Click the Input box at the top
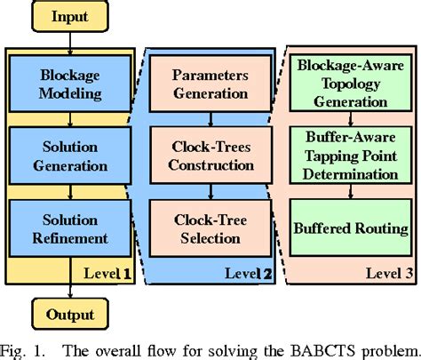(68, 17)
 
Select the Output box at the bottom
(69, 314)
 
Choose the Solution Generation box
(69, 156)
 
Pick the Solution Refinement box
(69, 228)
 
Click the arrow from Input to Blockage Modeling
(69, 45)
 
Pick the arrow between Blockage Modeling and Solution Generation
(69, 120)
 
